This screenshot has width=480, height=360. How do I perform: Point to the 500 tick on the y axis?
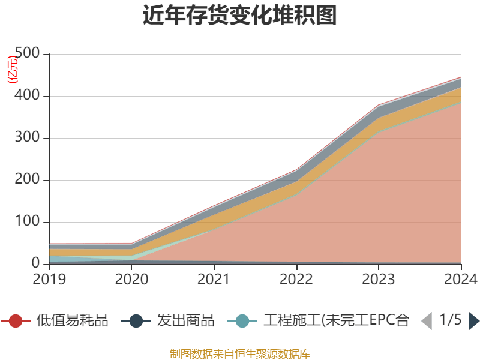[28, 54]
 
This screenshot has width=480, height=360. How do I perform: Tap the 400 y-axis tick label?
[28, 96]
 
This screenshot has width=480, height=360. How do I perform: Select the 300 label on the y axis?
[28, 138]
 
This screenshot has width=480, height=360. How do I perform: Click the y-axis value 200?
[28, 180]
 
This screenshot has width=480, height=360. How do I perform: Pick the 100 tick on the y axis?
[28, 222]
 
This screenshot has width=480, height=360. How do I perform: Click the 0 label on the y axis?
[37, 264]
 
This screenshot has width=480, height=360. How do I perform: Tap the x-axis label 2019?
[50, 279]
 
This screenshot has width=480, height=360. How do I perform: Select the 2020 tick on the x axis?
[132, 279]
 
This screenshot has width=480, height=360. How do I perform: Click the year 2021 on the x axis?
[214, 279]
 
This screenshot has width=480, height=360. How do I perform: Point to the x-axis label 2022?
[296, 279]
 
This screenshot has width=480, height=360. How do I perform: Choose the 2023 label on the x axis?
[379, 279]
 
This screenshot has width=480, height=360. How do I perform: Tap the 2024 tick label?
[460, 279]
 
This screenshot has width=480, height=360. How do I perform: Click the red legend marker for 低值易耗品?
[16, 321]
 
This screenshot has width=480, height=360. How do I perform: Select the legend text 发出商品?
[185, 321]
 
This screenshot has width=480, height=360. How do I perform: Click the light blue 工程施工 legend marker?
[242, 321]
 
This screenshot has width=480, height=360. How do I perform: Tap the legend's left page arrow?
[427, 321]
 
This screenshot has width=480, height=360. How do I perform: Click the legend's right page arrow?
[474, 321]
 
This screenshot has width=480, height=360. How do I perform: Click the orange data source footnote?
[240, 353]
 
